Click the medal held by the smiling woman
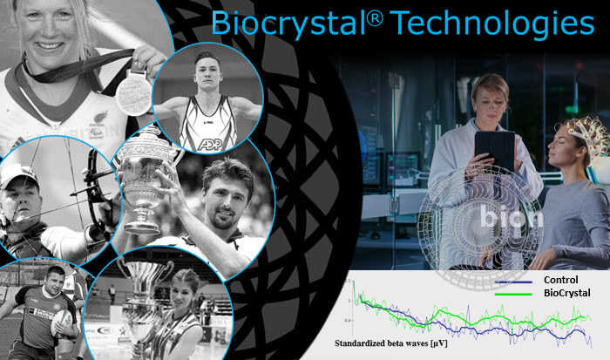[x=132, y=89]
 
